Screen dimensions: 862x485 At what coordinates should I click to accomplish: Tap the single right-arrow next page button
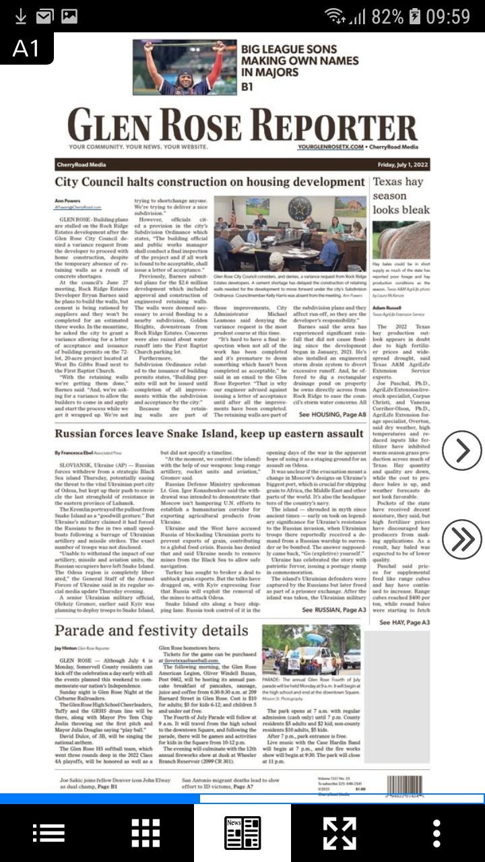[462, 451]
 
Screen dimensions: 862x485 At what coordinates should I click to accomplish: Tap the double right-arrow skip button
[462, 539]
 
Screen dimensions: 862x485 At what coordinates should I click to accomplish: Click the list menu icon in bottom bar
[48, 833]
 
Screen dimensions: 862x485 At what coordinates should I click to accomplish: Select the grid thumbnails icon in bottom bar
[145, 833]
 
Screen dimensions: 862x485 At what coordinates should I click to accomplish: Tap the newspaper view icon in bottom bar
[243, 833]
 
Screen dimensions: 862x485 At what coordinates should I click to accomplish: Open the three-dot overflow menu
[437, 833]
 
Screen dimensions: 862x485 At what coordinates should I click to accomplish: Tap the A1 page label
[26, 48]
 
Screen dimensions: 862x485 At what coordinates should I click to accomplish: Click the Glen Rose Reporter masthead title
[242, 126]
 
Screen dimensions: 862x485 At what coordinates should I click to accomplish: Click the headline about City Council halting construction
[209, 183]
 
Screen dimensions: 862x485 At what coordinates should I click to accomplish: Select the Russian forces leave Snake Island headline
[209, 434]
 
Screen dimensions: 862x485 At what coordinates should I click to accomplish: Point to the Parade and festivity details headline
[152, 631]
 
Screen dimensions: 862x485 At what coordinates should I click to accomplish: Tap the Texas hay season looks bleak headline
[401, 195]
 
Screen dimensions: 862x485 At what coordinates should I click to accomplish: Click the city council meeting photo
[290, 234]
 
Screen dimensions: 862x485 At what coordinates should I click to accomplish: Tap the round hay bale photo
[401, 240]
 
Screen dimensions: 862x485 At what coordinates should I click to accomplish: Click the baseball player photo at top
[185, 67]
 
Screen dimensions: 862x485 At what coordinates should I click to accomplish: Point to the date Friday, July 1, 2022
[401, 165]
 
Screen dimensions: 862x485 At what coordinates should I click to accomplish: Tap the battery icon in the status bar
[415, 16]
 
